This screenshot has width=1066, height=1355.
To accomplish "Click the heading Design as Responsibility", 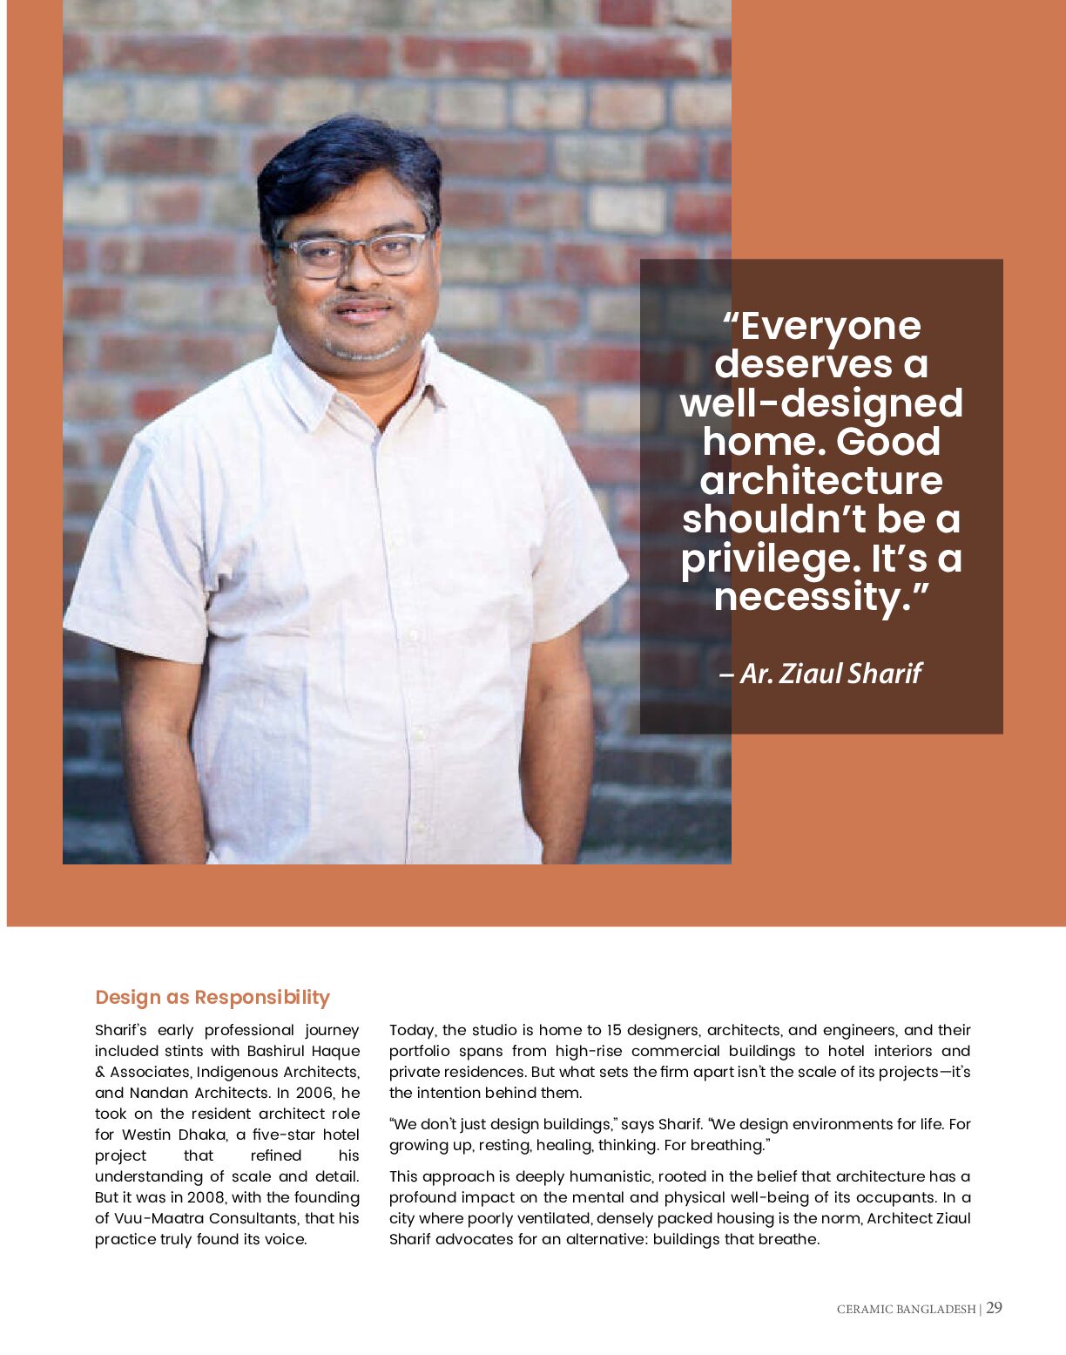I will [212, 997].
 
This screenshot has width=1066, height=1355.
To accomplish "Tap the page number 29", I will [994, 1307].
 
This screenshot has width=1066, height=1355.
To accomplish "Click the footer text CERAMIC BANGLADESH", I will [906, 1309].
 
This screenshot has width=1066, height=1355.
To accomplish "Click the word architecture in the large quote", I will [820, 481].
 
